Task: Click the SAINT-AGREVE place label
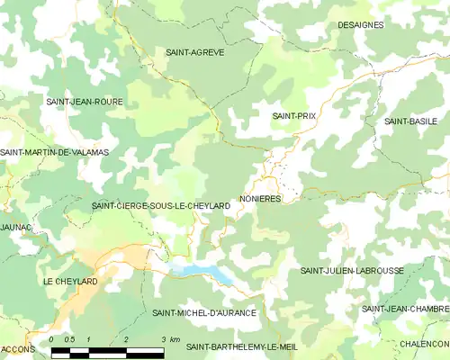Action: [195, 53]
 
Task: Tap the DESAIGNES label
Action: [360, 25]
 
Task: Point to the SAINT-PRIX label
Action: [294, 117]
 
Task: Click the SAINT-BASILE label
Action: [409, 121]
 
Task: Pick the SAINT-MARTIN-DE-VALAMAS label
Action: [54, 152]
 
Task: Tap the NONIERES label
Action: [261, 198]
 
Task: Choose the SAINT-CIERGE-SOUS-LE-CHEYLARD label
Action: [161, 206]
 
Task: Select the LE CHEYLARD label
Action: [70, 282]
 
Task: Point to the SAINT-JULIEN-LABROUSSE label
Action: [352, 270]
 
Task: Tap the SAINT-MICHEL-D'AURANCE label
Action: [204, 313]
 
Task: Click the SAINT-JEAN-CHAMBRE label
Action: [405, 309]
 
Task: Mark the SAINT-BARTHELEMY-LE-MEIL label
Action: [241, 346]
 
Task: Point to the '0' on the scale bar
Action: [52, 339]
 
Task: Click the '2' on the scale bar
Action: [126, 339]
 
